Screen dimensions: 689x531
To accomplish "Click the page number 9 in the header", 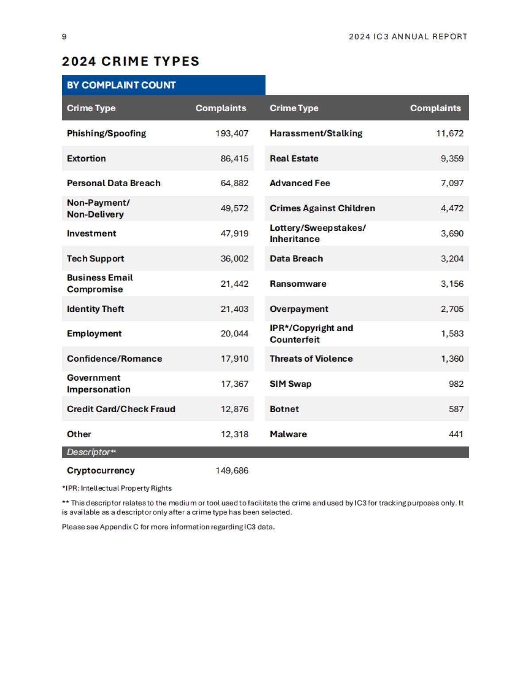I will click(x=64, y=37).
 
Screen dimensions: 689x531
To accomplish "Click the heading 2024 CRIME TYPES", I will click(x=131, y=61).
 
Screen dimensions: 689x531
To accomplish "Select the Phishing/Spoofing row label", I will click(x=106, y=133).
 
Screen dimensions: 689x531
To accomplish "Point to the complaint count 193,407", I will click(x=232, y=133).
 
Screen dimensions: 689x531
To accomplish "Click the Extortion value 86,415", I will click(x=235, y=159).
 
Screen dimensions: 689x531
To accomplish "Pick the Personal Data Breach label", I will click(x=113, y=183).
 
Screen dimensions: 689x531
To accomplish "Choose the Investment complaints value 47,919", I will click(x=235, y=234).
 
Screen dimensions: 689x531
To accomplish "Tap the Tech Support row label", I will click(x=95, y=259).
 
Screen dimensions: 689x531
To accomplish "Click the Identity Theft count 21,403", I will click(x=235, y=309).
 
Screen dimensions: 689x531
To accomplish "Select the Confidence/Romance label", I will click(x=114, y=359).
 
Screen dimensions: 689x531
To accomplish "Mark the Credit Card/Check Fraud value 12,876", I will click(x=235, y=409).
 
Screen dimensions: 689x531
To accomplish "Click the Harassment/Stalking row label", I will click(x=316, y=133).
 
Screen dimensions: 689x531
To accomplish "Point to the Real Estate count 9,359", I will click(x=452, y=159).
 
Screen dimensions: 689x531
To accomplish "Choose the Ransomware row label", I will click(x=298, y=284).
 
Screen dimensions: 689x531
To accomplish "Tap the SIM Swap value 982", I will click(x=456, y=384).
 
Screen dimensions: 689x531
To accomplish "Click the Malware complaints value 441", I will click(x=456, y=434).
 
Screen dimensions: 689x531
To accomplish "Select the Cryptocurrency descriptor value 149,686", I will click(x=232, y=471).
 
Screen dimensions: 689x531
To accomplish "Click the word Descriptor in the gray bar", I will click(x=88, y=452).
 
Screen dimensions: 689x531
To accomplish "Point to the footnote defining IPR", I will click(x=117, y=488).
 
